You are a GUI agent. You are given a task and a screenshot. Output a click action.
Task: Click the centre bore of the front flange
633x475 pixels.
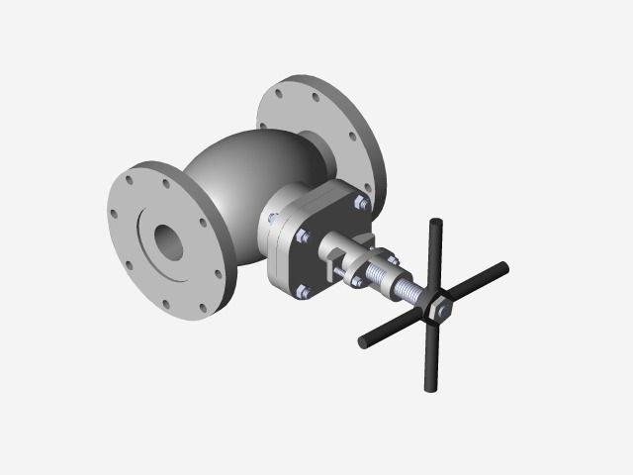[x=169, y=238]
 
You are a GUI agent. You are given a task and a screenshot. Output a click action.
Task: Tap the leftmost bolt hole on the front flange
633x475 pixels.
[x=114, y=212]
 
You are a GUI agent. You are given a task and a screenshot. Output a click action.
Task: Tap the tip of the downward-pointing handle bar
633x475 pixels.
[x=432, y=388]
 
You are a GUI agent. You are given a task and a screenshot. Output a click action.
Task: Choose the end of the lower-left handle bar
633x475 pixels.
[x=363, y=343]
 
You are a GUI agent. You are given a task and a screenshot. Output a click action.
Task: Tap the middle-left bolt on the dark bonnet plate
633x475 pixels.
[x=303, y=237]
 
